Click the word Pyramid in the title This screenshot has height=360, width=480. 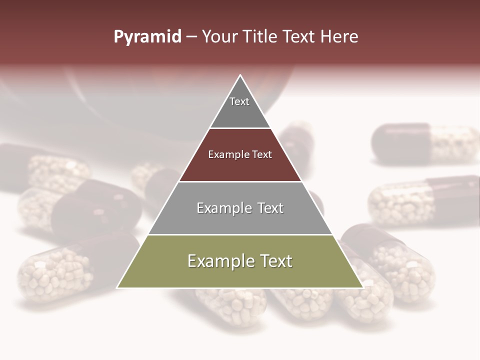click(x=147, y=37)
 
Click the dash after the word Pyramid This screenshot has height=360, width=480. click(x=191, y=37)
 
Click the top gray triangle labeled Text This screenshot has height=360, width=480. click(x=240, y=107)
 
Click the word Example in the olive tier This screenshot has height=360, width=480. click(x=218, y=261)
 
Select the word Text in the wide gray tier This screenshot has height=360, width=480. click(x=268, y=208)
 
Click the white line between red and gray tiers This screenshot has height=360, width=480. click(x=240, y=181)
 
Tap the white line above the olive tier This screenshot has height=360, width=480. click(x=240, y=234)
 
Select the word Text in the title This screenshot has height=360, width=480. click(x=299, y=37)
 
